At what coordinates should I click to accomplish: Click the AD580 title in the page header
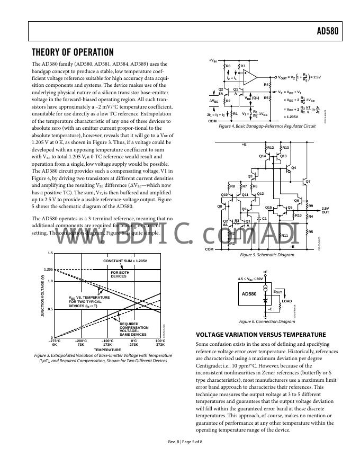(327, 31)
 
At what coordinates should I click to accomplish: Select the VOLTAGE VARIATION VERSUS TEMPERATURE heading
(260, 335)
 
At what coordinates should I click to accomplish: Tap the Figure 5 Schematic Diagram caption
(267, 255)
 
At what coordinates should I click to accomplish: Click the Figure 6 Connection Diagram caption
(267, 321)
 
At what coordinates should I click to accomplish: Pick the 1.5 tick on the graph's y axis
(50, 253)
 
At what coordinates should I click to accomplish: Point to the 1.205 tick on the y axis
(48, 270)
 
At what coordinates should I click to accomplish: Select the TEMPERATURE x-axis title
(107, 349)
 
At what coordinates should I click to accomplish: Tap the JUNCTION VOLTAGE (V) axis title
(42, 297)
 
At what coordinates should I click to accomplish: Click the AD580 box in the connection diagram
(249, 293)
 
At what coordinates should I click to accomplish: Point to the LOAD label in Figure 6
(286, 301)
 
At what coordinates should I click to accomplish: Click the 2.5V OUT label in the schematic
(325, 210)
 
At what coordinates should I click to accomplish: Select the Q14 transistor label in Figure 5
(262, 156)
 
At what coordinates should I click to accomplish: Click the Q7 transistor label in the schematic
(308, 182)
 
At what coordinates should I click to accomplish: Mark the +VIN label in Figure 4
(212, 60)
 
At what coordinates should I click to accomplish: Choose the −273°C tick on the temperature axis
(55, 342)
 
